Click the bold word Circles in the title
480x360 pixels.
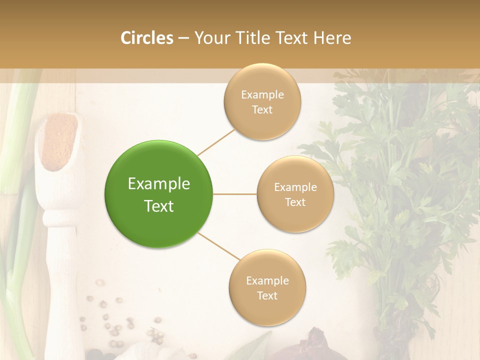(x=147, y=38)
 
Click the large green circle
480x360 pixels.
(x=158, y=194)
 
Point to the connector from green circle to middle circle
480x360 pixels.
(x=235, y=194)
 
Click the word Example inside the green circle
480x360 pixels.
(x=159, y=183)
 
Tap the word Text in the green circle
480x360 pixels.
(x=159, y=205)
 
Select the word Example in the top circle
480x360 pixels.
(x=262, y=94)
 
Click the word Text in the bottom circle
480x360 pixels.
(x=267, y=295)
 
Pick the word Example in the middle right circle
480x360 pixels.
(x=295, y=187)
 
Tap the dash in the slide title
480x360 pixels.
(x=183, y=38)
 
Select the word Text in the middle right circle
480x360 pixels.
(x=295, y=202)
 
